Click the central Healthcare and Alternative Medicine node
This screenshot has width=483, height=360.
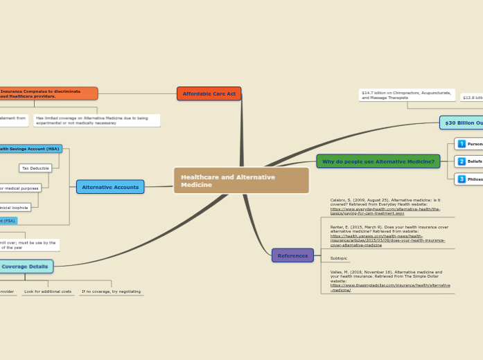241,181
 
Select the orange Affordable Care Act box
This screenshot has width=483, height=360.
209,93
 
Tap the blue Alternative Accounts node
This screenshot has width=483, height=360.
110,187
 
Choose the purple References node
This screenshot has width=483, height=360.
292,255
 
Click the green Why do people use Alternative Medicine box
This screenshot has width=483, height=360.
378,161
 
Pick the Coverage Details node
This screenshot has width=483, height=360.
26,267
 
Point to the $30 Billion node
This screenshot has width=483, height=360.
462,123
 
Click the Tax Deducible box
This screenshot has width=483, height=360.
35,168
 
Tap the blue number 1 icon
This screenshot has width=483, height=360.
462,144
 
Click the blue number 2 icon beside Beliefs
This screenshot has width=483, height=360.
462,161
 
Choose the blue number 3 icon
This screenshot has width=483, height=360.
462,179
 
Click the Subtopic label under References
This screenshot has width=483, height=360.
339,258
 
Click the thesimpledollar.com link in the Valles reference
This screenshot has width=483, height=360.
389,287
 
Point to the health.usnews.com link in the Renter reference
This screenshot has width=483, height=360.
387,241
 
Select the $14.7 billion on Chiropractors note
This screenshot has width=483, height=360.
407,95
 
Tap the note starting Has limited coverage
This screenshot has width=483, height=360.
96,120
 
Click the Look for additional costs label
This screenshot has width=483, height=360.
48,291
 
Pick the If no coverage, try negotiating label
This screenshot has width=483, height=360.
111,291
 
